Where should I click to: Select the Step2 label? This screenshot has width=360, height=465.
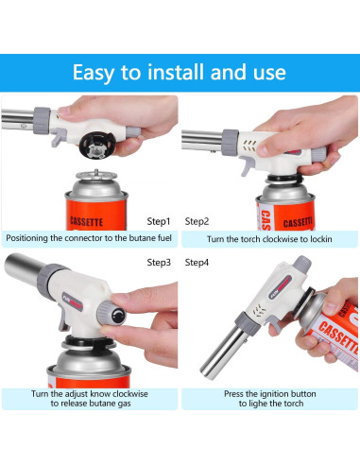197,219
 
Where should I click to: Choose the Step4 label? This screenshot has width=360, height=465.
197,261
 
